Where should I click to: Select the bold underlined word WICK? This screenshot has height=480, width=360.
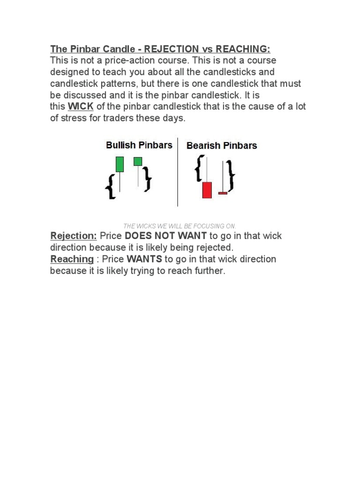click(81, 106)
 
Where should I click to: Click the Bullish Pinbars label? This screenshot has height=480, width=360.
click(139, 145)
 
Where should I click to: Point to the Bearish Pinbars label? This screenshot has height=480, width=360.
click(222, 145)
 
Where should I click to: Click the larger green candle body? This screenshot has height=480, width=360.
click(120, 164)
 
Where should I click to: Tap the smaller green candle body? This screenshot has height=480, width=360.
click(138, 161)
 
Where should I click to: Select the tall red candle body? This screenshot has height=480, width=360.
click(207, 190)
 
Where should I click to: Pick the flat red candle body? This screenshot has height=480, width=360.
click(223, 193)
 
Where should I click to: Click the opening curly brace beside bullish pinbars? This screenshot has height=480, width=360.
click(111, 186)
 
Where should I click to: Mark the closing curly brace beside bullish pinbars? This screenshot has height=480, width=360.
click(147, 179)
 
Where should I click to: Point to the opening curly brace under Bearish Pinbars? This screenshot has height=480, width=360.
click(200, 169)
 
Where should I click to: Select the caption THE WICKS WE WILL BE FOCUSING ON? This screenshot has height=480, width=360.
click(180, 226)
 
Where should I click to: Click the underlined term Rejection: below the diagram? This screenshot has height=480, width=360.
click(74, 236)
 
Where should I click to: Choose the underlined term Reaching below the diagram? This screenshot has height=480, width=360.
click(72, 259)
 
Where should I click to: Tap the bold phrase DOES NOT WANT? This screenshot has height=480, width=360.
click(165, 236)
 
